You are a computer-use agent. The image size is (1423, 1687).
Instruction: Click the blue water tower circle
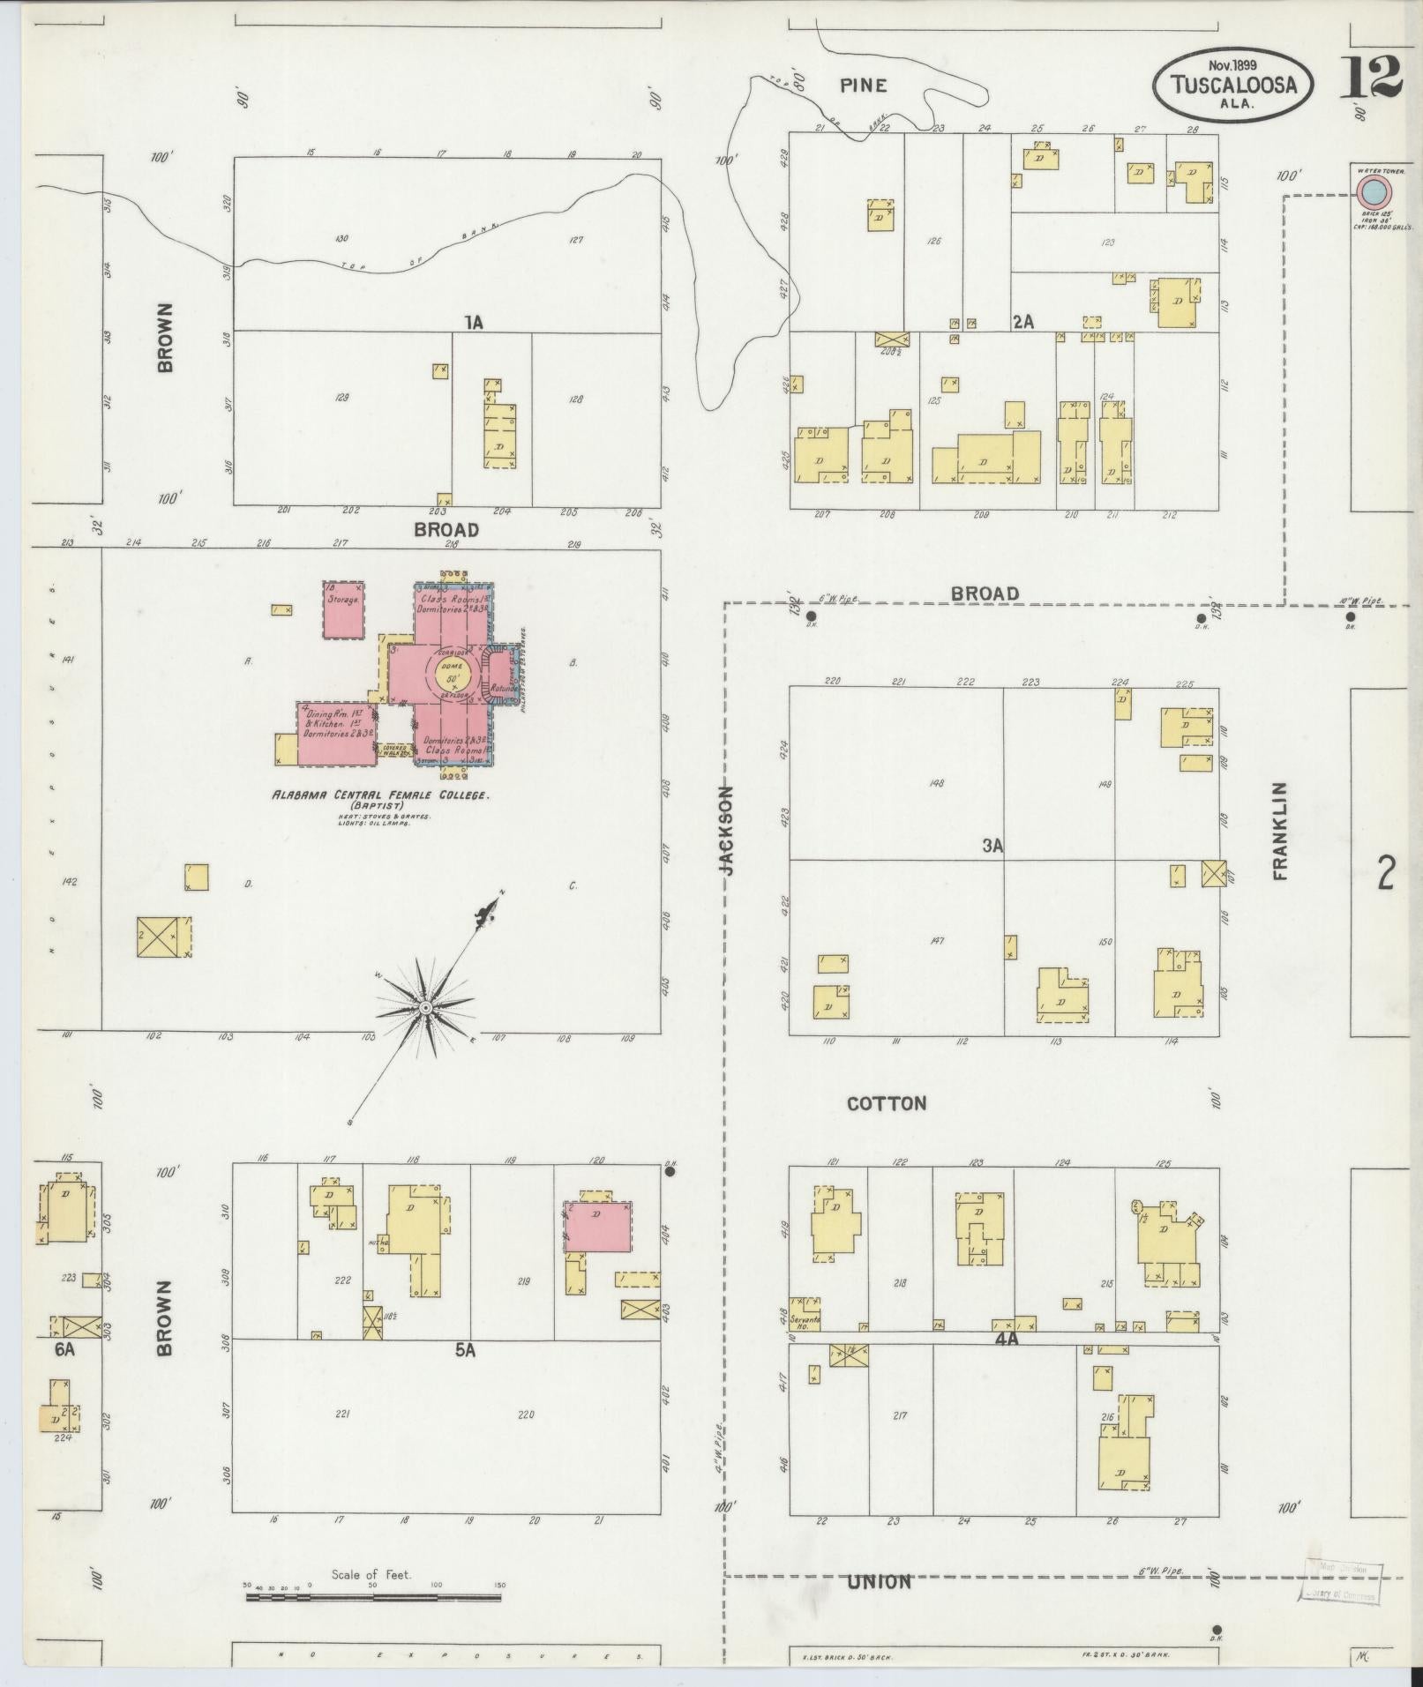tap(1372, 190)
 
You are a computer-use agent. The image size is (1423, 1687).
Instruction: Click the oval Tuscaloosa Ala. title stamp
tap(1232, 84)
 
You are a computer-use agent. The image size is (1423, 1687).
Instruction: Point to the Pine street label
tap(863, 86)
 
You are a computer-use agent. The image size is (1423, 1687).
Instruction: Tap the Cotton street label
tap(887, 1103)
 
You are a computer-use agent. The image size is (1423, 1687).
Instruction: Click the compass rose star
tap(425, 1006)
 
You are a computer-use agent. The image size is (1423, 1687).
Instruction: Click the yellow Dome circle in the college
tap(453, 679)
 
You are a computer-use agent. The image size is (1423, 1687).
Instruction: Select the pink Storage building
tap(344, 609)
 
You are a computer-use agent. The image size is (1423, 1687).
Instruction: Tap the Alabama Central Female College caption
tap(379, 795)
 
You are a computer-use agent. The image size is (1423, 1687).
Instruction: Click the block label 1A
tap(475, 323)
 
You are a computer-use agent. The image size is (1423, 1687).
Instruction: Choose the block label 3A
tap(993, 847)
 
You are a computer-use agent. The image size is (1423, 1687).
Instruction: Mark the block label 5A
tap(465, 1350)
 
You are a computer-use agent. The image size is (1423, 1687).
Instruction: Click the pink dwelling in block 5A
tap(597, 1225)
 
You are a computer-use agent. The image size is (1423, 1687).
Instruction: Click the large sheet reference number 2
tap(1386, 875)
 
